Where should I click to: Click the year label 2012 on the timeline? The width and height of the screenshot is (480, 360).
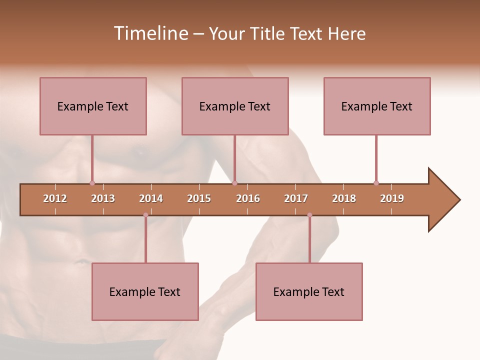tap(55, 198)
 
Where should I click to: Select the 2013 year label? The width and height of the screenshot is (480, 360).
tap(103, 198)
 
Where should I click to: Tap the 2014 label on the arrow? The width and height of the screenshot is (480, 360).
tap(151, 198)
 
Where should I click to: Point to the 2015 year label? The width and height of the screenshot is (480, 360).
tap(199, 198)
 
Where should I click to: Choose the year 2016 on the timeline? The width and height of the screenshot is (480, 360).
tap(248, 198)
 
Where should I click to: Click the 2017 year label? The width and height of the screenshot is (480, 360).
tap(296, 198)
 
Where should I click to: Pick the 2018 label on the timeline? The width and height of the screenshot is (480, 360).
tap(344, 198)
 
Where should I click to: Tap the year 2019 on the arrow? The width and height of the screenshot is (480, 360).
tap(392, 198)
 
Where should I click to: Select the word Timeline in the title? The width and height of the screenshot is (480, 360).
tap(149, 33)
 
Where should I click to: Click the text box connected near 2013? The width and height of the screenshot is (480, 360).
tap(93, 106)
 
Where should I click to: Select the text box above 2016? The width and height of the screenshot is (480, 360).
tap(235, 106)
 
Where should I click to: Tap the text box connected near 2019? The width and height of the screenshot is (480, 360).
tap(377, 106)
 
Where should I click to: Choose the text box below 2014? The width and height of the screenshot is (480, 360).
tap(145, 291)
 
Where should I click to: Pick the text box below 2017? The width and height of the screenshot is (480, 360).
tap(309, 291)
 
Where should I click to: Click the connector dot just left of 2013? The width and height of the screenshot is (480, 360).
tap(92, 183)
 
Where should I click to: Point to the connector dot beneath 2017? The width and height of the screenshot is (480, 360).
tap(309, 215)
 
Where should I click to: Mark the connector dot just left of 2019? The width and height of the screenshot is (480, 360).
tap(376, 183)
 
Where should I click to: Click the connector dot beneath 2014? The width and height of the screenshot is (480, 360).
tap(145, 215)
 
